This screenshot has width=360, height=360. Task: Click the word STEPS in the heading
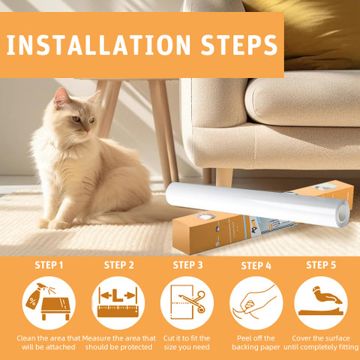pos(239,45)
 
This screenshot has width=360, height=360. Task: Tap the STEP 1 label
pos(49,265)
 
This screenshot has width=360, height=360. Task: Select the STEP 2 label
pos(119,265)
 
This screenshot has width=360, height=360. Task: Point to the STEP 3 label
pos(187,265)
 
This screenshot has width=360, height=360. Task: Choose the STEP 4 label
pos(256,265)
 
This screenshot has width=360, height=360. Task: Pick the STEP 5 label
pos(321,265)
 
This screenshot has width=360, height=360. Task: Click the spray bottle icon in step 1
pos(37,296)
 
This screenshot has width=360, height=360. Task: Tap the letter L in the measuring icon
pos(118,295)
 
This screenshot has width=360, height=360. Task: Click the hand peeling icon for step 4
pos(255,302)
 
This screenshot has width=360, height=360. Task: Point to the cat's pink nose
pos(87,130)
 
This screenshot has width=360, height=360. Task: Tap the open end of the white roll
pos(343,214)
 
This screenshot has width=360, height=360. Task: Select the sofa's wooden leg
pos(224,178)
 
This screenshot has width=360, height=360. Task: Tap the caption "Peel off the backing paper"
pos(256,343)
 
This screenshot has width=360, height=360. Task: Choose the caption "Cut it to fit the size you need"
pos(187,343)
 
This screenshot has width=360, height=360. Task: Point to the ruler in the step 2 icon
pos(118,310)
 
